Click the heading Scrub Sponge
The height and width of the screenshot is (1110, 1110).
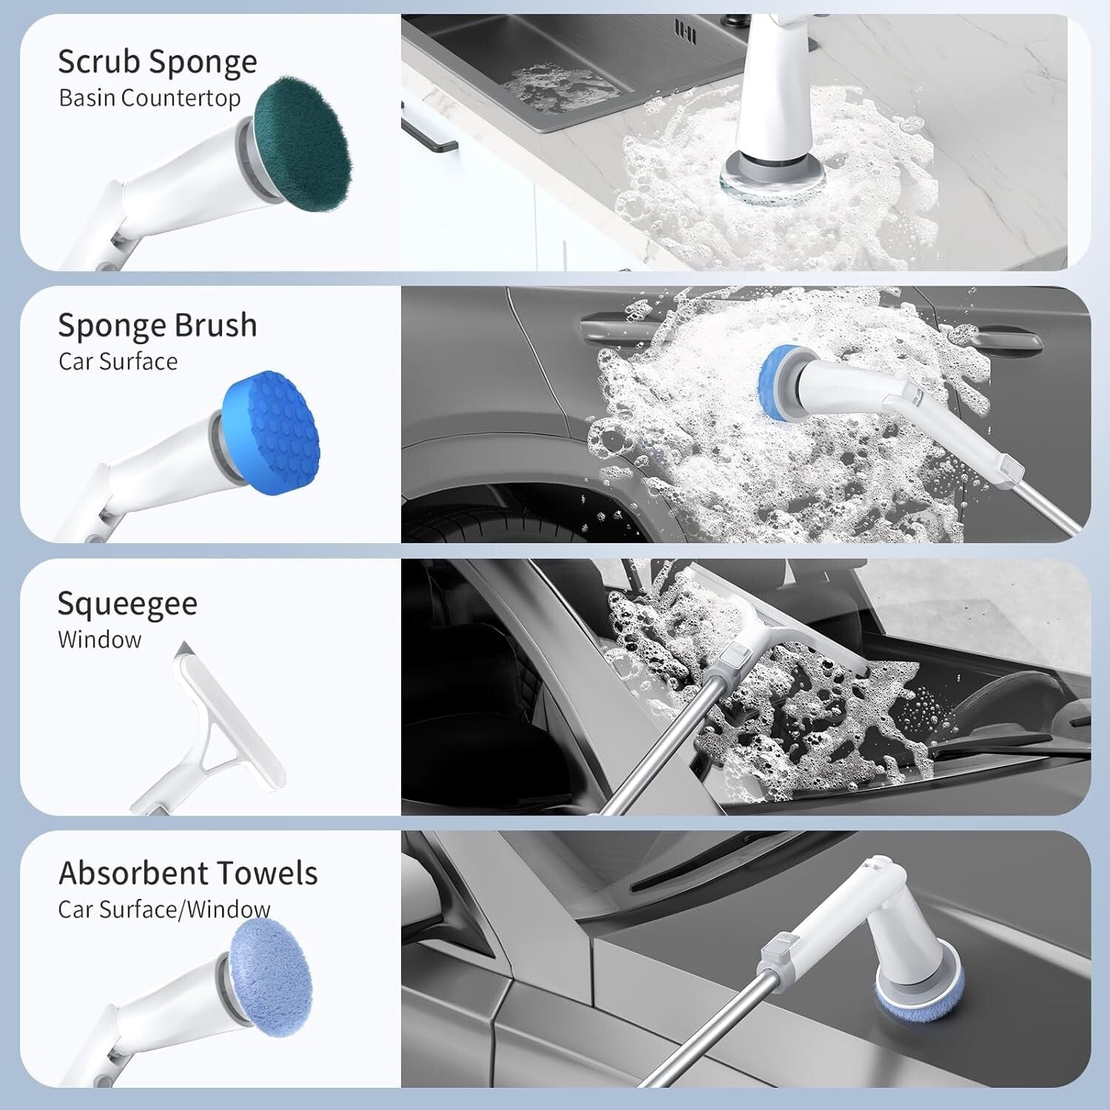tap(158, 62)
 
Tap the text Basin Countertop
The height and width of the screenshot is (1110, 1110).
tap(149, 98)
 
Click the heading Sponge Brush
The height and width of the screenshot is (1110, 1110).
tap(158, 326)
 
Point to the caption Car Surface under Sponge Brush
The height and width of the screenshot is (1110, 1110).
tap(118, 361)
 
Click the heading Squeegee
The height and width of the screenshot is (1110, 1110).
tap(127, 604)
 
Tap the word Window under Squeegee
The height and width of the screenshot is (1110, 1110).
tap(99, 639)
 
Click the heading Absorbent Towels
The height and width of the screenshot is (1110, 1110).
tap(188, 873)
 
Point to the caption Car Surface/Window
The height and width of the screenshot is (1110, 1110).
tap(164, 909)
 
